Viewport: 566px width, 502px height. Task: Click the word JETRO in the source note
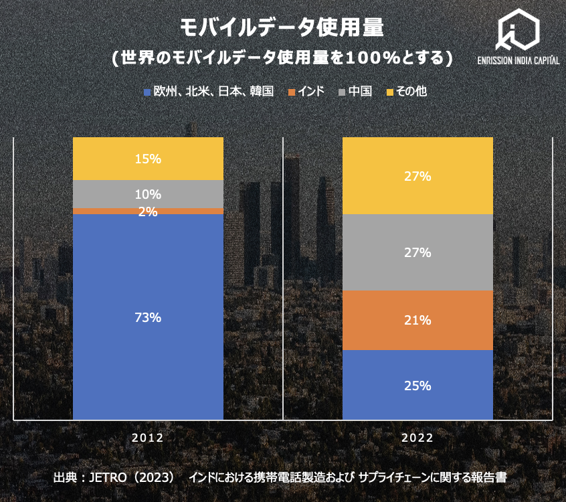tap(106, 477)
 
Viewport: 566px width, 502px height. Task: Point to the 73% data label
tap(148, 317)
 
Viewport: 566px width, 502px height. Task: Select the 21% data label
tap(417, 320)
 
